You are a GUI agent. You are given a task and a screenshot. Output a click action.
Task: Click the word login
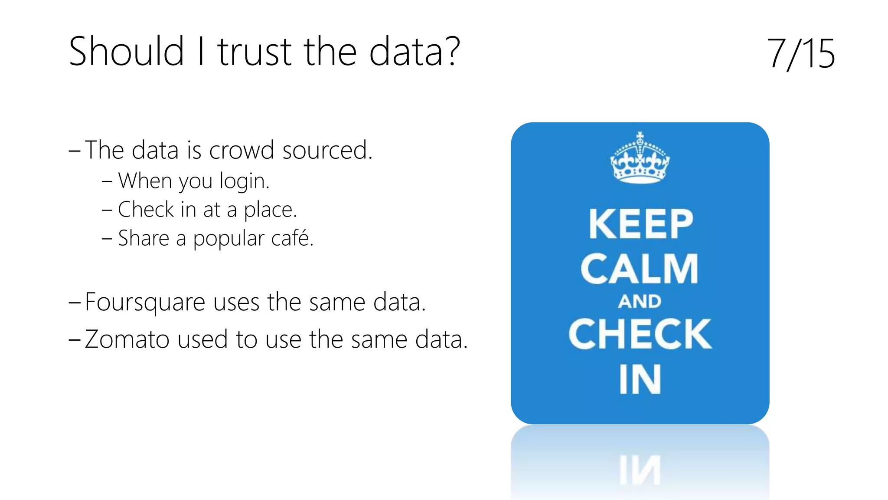pos(244,181)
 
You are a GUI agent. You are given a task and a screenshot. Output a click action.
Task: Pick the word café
pos(291,238)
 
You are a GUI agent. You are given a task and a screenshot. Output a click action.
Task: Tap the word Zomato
pos(127,339)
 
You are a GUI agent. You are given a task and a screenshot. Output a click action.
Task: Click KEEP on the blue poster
pos(640,224)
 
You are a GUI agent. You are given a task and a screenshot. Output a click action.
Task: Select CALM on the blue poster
pos(640,269)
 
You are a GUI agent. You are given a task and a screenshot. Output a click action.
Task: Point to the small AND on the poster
pos(640,302)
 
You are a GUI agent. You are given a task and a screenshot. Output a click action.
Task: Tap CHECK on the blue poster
pos(640,334)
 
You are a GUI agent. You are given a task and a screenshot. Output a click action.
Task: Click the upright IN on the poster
pos(640,379)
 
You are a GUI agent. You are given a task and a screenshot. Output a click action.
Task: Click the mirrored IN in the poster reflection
pos(640,470)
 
